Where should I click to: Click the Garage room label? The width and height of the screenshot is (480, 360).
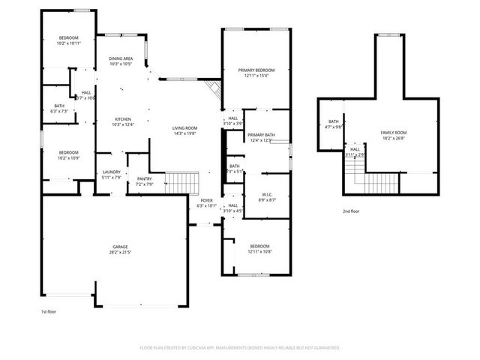pos(121,247)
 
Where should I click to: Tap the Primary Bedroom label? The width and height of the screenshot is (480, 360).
pos(256,70)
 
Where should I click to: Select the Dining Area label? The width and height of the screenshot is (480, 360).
pos(121,58)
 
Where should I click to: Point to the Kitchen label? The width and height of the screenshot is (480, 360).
pos(121,119)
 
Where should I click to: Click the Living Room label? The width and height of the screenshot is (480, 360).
pos(184,128)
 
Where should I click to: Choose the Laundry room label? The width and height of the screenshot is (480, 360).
pos(111,172)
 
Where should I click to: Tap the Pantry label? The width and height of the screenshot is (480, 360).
pos(144,178)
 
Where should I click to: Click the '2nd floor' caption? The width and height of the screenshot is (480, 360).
pos(351,211)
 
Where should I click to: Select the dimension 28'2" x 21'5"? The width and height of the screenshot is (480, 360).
pos(121,252)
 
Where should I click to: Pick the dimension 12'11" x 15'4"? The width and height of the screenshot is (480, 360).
pos(256,76)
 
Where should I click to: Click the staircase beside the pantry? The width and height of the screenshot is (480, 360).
pos(180,182)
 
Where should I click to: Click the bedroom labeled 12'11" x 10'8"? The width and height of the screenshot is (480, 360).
pos(259,248)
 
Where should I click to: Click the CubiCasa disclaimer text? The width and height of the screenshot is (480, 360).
pos(240,348)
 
